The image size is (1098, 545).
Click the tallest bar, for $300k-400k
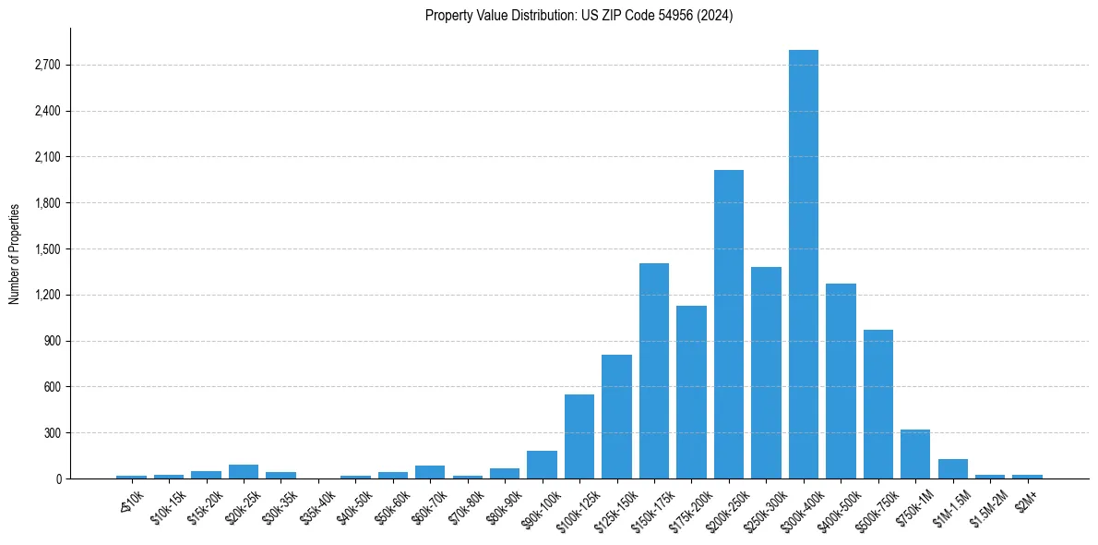[x=803, y=264]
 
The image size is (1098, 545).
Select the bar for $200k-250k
[x=728, y=324]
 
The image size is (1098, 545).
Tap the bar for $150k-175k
[x=653, y=370]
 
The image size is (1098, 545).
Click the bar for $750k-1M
[x=914, y=454]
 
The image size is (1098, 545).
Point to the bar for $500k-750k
[x=877, y=404]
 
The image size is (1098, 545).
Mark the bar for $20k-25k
[x=243, y=471]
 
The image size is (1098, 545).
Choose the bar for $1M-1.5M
[x=952, y=468]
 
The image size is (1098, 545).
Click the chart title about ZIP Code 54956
[x=579, y=16]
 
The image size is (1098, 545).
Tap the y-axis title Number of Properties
[x=14, y=254]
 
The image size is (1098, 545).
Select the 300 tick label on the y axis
[x=50, y=433]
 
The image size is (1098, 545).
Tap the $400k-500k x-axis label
[x=839, y=507]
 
